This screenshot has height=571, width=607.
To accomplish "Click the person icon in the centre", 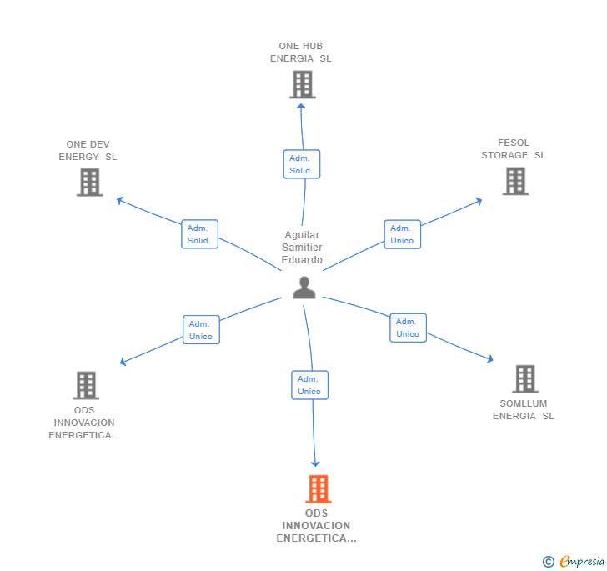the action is [304, 288].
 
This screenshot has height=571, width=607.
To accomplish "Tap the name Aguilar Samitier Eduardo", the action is [302, 248].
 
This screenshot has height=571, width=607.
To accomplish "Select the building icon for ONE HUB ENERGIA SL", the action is [303, 84].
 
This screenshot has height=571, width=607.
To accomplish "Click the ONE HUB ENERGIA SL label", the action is [301, 53].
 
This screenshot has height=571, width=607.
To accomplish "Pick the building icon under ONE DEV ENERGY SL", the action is [90, 183].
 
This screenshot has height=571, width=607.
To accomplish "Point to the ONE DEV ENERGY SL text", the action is [88, 151].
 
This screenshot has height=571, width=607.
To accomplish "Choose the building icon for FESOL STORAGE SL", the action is [515, 181].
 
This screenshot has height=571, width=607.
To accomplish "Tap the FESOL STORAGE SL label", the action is [514, 149].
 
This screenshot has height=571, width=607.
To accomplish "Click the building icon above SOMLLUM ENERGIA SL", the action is [525, 379].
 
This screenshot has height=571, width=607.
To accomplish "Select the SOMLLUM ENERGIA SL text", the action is [523, 410].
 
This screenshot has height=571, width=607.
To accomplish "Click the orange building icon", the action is [319, 489].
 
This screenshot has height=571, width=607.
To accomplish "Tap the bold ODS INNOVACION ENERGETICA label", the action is [316, 526].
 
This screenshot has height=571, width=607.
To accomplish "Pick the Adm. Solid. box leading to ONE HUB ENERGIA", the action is [302, 164].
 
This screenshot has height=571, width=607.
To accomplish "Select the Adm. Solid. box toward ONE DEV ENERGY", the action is [200, 234].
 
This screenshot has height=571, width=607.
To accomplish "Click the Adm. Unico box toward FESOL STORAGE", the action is [403, 234].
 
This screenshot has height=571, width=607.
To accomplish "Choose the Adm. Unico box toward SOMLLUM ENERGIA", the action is [408, 328].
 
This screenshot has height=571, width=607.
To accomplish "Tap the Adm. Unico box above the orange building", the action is [309, 385].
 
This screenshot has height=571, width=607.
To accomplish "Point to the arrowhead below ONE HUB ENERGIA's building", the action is [301, 106].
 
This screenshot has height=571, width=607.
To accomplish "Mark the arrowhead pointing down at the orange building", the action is [315, 463].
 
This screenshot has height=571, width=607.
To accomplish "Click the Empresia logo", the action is [574, 561].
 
